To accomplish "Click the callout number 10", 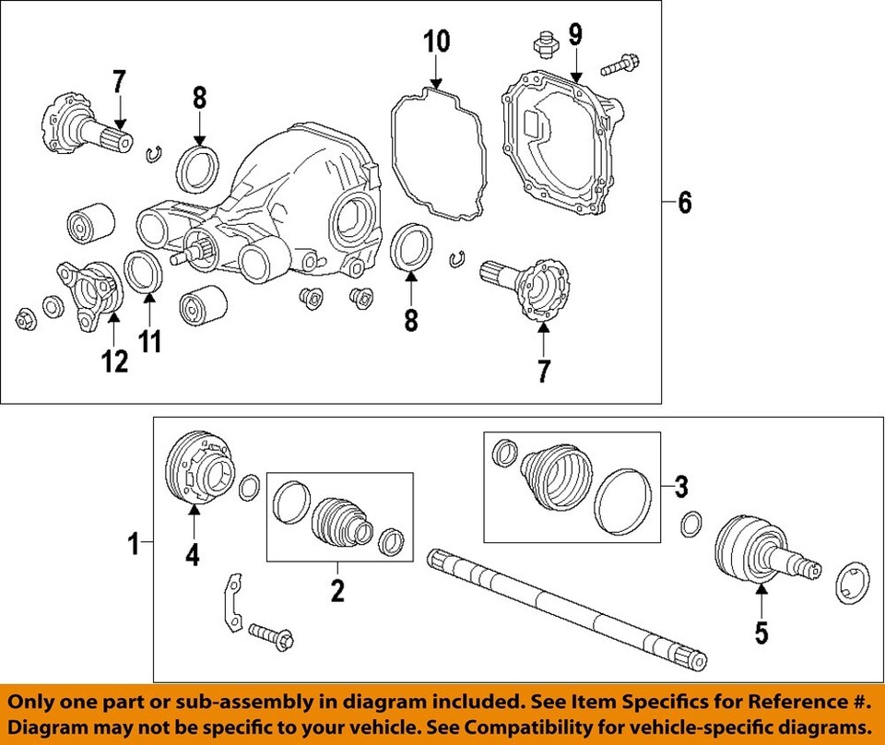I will tap(436, 41).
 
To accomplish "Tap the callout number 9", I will tap(575, 36).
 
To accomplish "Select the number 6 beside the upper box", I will tap(684, 202).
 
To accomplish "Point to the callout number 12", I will tap(115, 361).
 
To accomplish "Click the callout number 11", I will tap(150, 341).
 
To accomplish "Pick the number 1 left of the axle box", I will tap(134, 544).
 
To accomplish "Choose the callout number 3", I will tap(681, 485).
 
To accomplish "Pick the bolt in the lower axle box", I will tap(270, 635).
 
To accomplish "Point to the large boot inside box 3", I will tap(554, 475).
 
